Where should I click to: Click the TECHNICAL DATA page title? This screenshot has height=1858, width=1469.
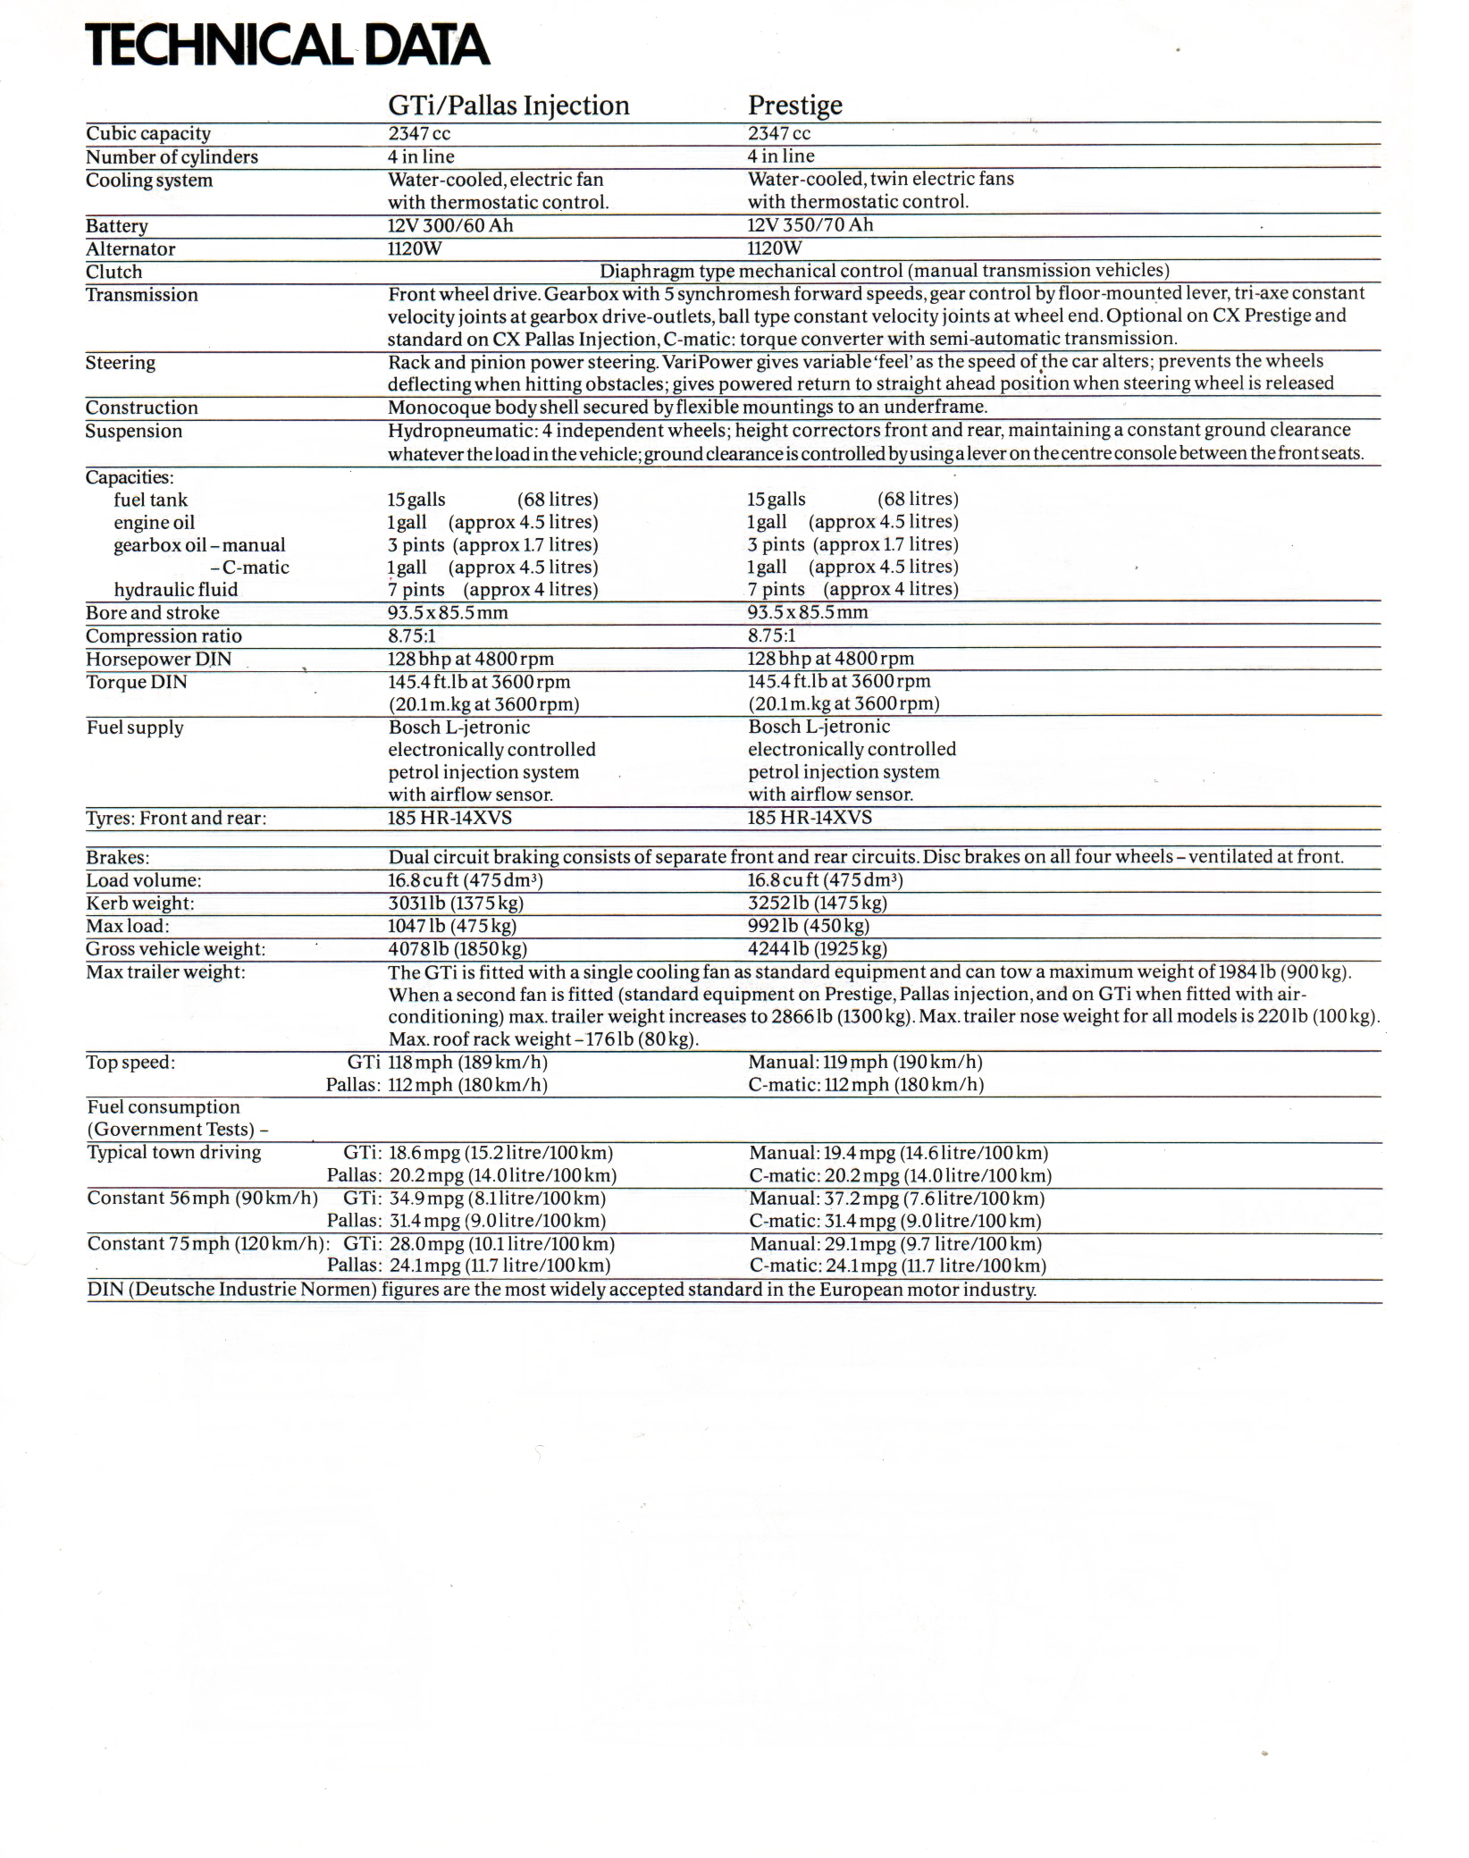[287, 45]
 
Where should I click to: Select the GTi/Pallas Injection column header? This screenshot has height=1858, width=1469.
[508, 105]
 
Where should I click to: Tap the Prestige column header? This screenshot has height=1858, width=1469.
[794, 105]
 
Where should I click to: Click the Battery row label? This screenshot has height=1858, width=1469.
[117, 226]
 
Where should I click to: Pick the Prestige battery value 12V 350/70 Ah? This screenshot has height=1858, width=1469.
[810, 225]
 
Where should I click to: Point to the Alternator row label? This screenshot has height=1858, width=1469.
[130, 249]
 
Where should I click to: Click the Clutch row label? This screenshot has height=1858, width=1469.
[113, 272]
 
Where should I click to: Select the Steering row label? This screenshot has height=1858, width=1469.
[120, 363]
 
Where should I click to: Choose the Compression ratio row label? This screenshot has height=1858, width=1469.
[164, 636]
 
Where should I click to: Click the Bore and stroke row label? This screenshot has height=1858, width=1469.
[153, 613]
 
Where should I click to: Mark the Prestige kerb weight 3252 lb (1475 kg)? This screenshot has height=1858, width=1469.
[817, 903]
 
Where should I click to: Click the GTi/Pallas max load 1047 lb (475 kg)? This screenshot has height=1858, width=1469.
[452, 926]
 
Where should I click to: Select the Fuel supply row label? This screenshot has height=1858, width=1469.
[135, 727]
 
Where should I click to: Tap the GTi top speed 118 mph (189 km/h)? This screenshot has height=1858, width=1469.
[467, 1063]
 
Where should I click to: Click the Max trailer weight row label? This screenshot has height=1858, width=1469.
[165, 971]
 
